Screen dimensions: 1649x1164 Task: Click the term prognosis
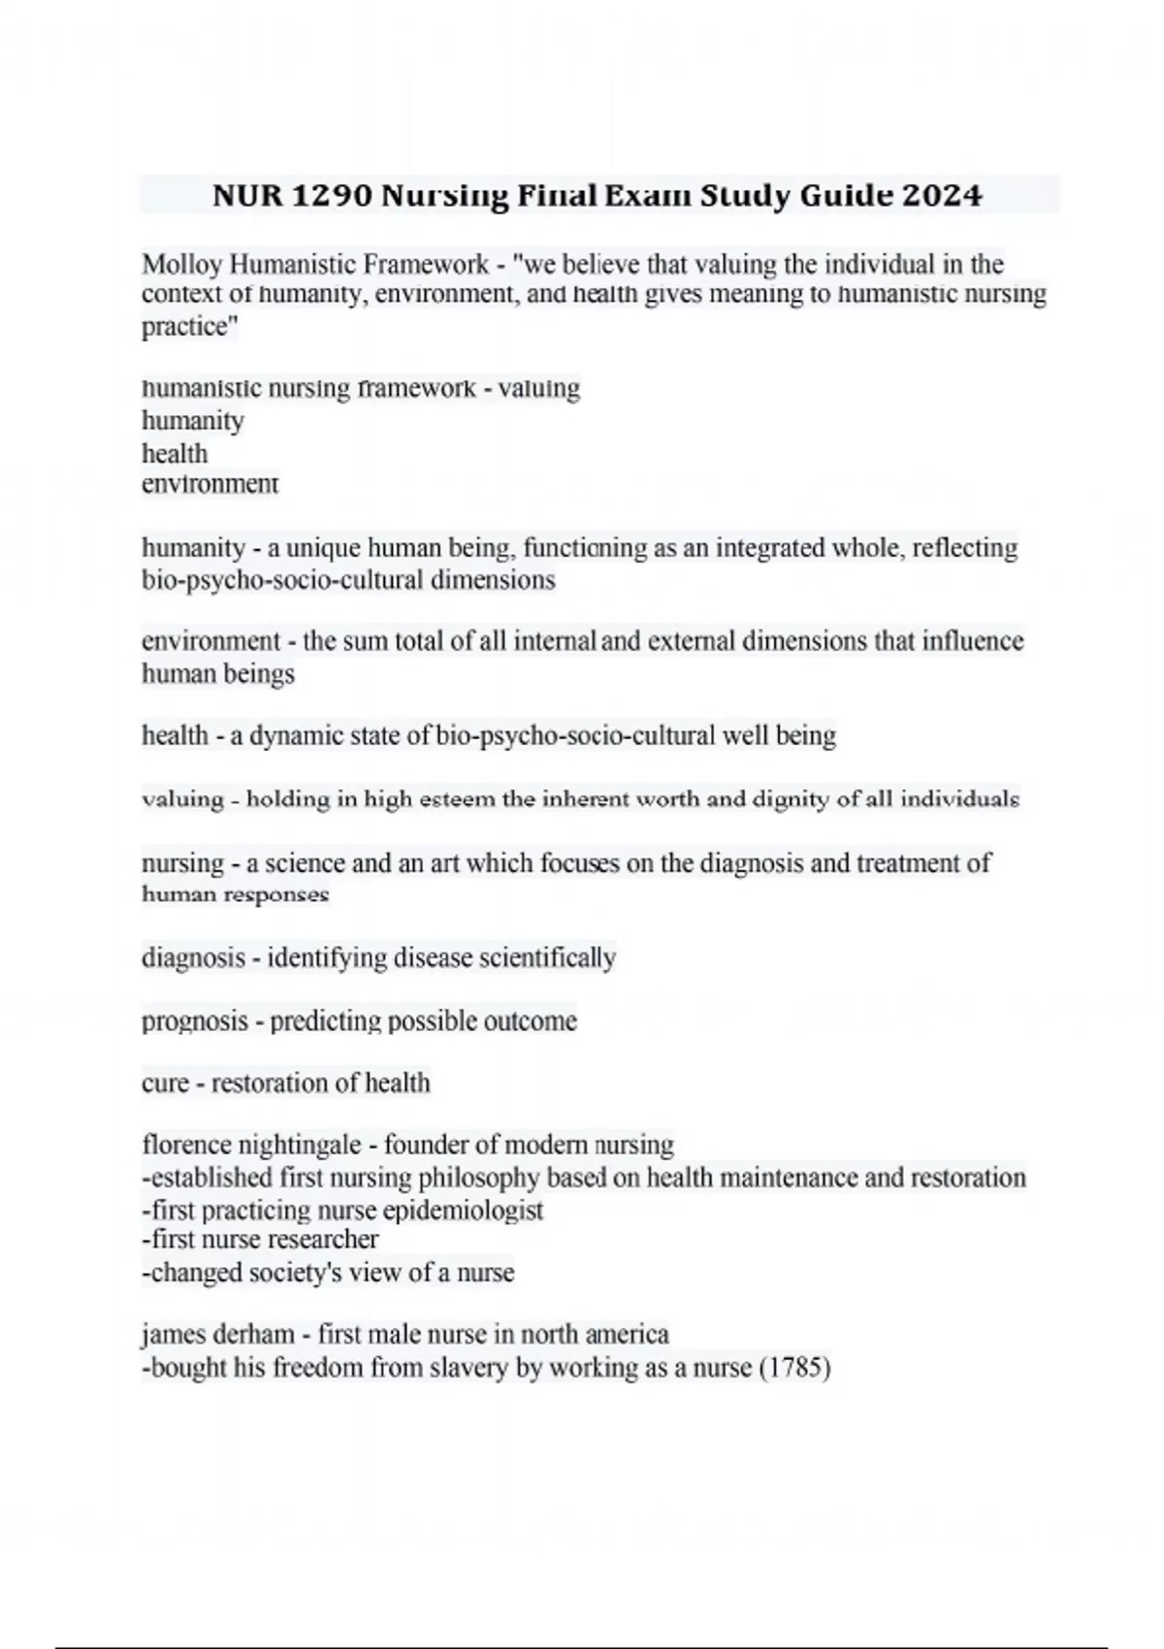click(194, 1021)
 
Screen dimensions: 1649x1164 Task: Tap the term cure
click(165, 1083)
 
